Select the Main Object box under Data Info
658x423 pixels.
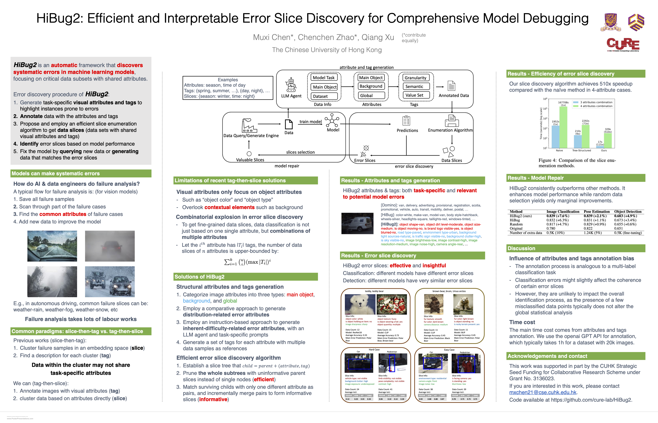pos(325,87)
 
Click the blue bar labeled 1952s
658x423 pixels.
pos(555,137)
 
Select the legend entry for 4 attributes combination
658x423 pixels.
pos(596,106)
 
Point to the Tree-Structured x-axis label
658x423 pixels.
pos(581,150)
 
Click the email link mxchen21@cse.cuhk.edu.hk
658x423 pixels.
pos(543,392)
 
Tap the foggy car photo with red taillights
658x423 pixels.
pos(110,246)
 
